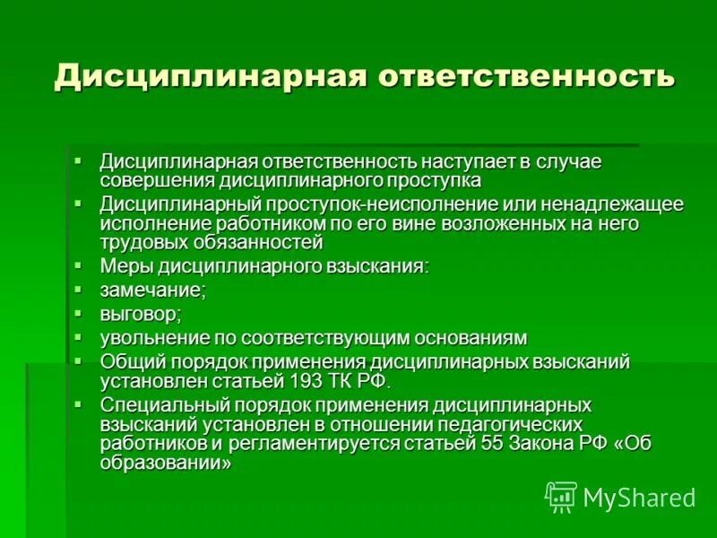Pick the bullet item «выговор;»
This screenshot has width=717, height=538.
[x=141, y=314]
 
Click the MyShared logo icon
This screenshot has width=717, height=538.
[x=561, y=496]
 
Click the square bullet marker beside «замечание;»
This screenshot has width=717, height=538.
[x=79, y=289]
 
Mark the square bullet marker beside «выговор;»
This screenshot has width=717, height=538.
[x=79, y=313]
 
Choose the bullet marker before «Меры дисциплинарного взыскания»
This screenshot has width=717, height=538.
[x=79, y=265]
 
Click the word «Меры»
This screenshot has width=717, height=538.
[x=126, y=266]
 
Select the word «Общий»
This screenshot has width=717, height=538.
[x=129, y=361]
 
